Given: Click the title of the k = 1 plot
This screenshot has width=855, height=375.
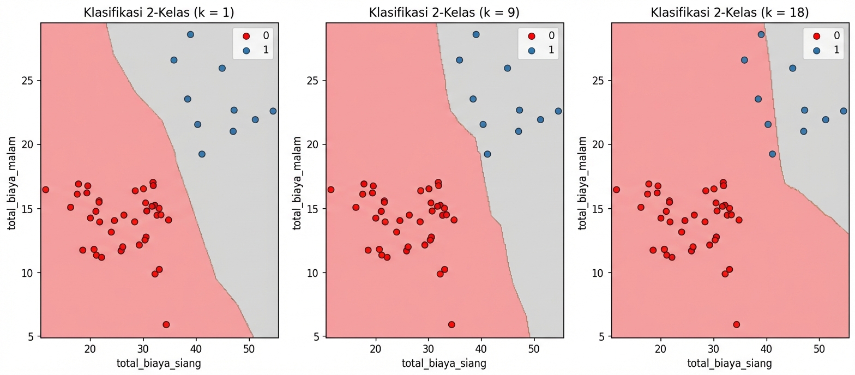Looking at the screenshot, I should (160, 13).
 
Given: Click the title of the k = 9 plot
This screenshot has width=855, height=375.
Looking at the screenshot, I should (445, 13).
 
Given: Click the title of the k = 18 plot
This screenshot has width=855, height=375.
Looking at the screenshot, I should (730, 13).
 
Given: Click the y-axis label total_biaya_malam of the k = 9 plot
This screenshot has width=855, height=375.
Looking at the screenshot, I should (297, 180).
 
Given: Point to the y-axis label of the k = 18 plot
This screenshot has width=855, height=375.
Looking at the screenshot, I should (582, 180).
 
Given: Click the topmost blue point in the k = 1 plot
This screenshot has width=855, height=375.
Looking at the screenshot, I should (190, 34).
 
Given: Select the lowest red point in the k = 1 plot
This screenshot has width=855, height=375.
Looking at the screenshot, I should (166, 324).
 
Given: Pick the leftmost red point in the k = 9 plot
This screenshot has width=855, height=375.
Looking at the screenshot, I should (330, 190).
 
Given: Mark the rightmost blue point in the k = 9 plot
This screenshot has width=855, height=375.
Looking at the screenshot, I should (558, 111).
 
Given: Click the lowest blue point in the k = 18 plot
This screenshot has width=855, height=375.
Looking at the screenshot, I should (772, 154).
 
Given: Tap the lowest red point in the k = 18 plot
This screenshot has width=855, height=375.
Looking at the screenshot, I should (737, 324).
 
